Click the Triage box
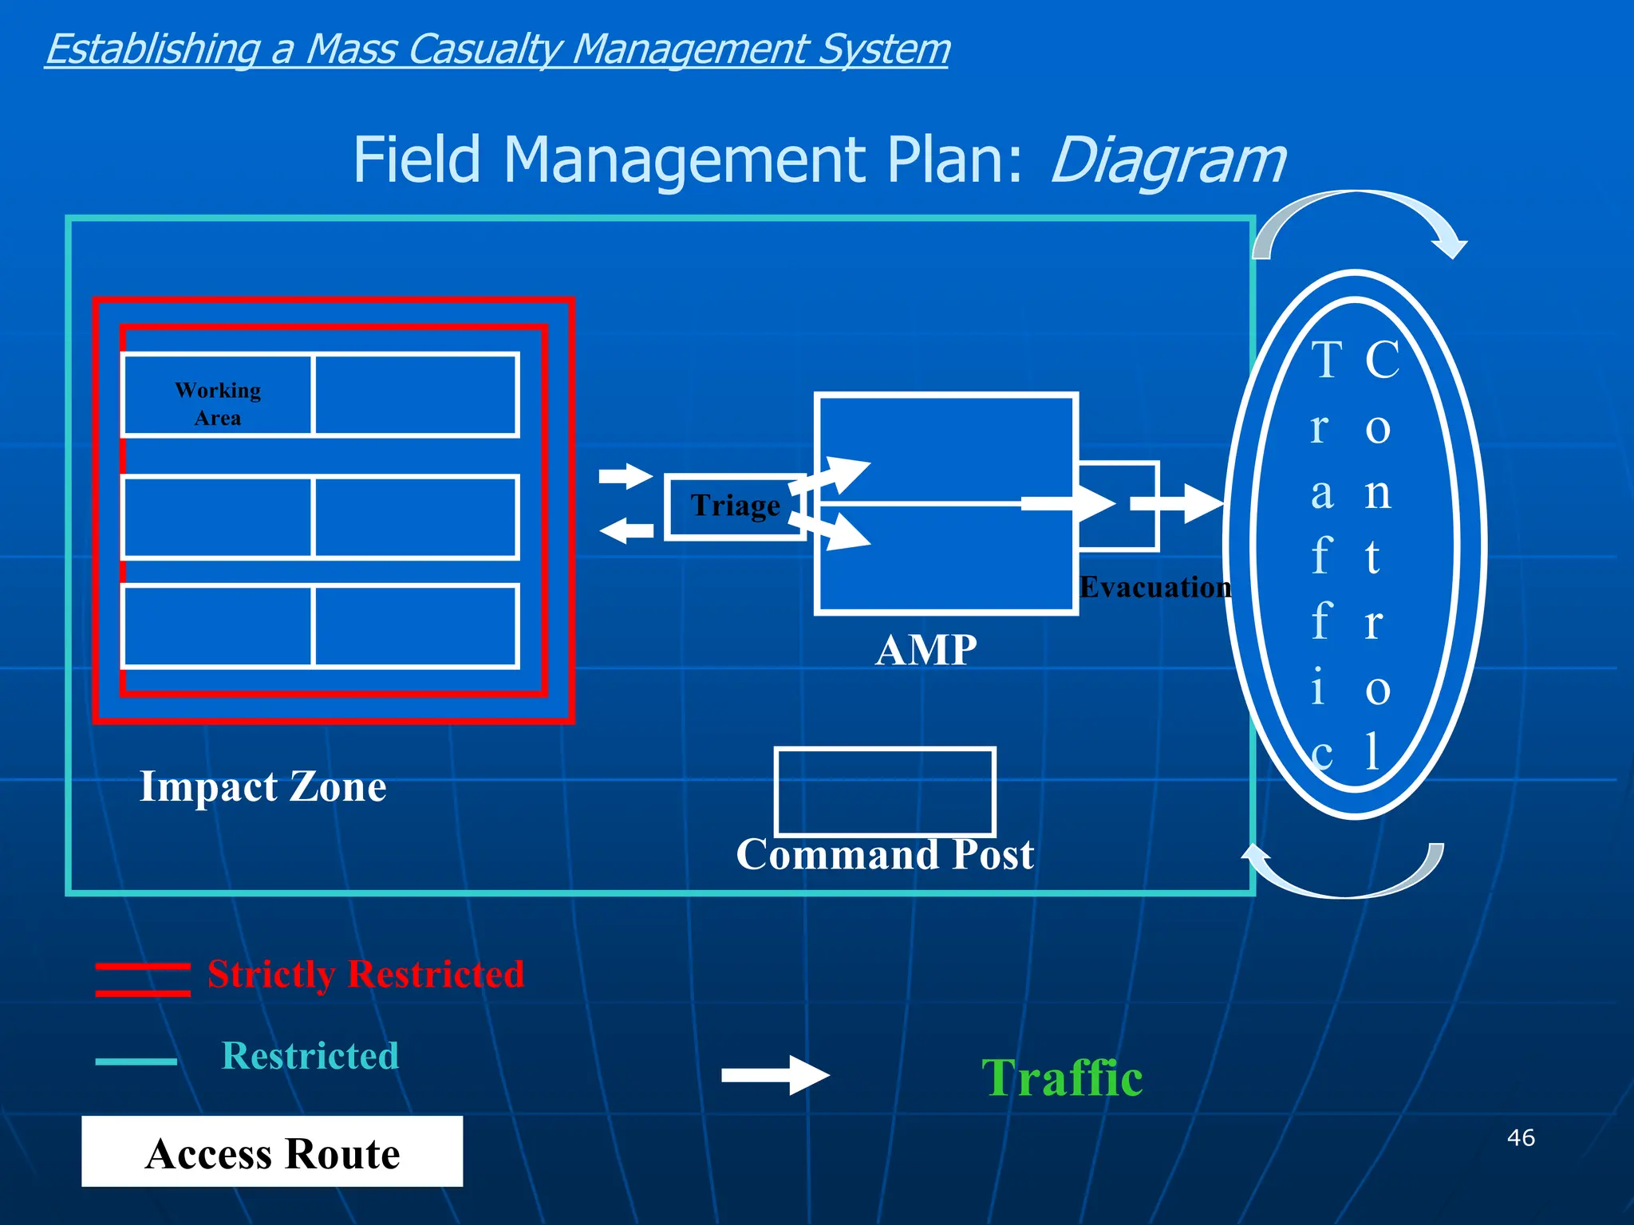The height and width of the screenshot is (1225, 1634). [735, 507]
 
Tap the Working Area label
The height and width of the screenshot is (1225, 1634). [218, 404]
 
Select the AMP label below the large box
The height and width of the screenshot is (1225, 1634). [926, 650]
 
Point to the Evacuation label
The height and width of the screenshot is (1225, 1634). [1154, 588]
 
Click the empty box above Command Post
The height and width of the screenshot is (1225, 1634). [885, 791]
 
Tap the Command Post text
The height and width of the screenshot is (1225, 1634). [885, 855]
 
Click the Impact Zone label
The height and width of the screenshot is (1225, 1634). [263, 786]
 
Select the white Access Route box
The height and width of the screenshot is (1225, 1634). [272, 1152]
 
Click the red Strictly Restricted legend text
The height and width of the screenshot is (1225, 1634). [365, 975]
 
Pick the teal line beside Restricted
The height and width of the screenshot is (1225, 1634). [136, 1062]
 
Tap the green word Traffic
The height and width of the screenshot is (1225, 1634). [1062, 1078]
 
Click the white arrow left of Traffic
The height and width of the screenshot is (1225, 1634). [775, 1075]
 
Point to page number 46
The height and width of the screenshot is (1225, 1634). [1521, 1137]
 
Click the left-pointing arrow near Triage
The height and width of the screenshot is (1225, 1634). [626, 530]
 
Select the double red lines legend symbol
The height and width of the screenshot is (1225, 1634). [143, 979]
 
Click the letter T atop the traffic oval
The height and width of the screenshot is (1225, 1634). [1327, 360]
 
